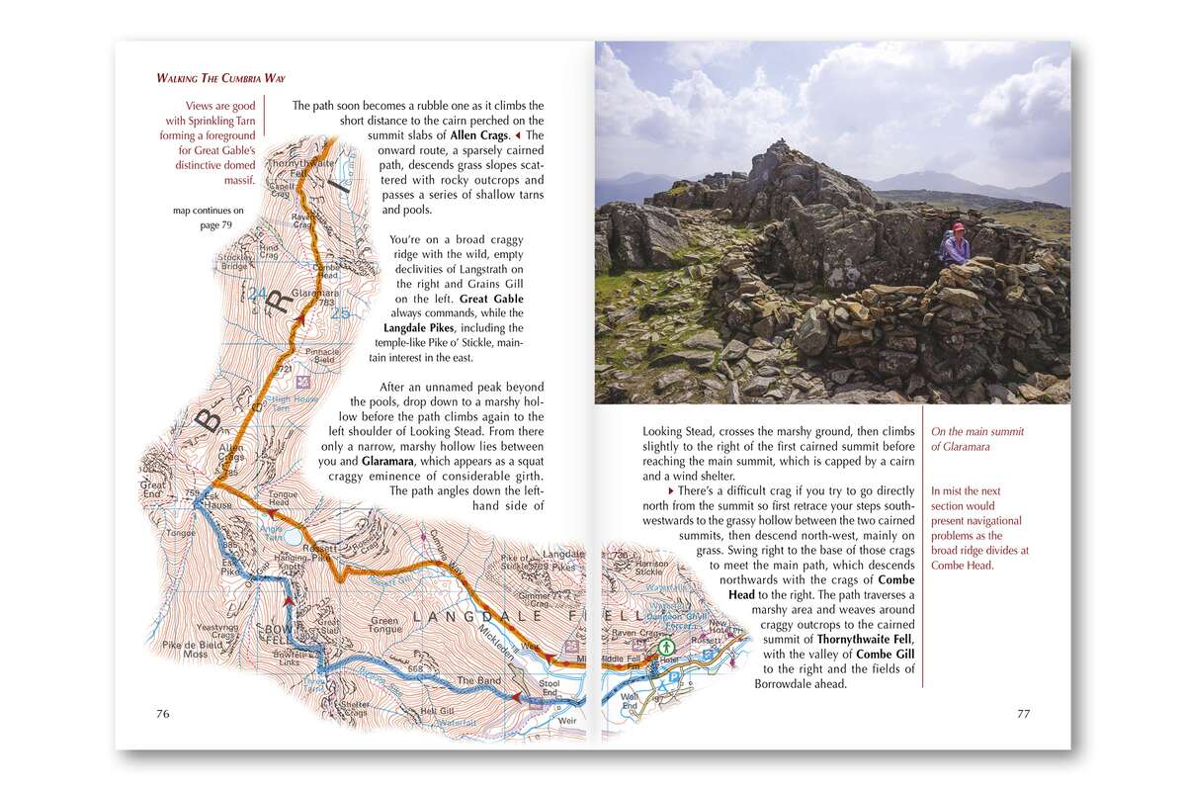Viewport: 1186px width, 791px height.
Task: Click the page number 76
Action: click(x=163, y=713)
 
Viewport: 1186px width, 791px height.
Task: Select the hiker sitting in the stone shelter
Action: click(x=954, y=243)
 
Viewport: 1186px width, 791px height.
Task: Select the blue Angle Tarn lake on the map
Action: click(x=291, y=535)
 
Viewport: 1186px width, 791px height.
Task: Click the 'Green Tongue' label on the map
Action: click(x=383, y=627)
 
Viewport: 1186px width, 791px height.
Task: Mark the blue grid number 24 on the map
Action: click(x=258, y=293)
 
